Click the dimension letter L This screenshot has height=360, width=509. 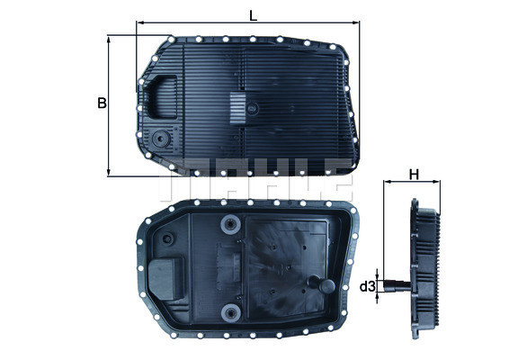tap(253, 13)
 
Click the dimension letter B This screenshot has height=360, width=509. tap(102, 103)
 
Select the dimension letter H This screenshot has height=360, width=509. tap(414, 174)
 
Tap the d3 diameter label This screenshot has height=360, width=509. tap(367, 287)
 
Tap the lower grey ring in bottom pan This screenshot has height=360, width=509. tap(232, 311)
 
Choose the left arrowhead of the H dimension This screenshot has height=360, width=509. tap(387, 184)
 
